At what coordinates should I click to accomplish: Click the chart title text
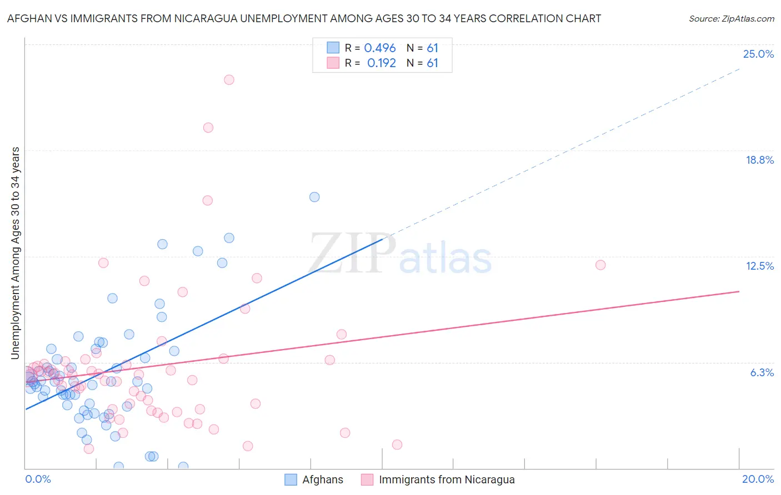[x=304, y=18]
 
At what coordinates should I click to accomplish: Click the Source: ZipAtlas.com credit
[x=731, y=18]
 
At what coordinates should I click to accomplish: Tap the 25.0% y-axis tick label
[x=758, y=54]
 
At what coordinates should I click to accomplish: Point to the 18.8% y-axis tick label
[x=759, y=160]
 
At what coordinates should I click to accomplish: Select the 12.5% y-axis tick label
[x=759, y=266]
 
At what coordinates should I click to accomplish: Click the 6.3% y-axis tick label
[x=762, y=372]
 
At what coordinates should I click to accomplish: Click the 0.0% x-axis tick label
[x=38, y=479]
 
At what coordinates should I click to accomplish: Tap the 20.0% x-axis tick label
[x=758, y=479]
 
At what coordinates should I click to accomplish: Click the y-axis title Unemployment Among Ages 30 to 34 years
[x=16, y=253]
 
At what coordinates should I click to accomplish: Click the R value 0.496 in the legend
[x=380, y=48]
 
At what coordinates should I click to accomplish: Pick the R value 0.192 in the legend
[x=382, y=63]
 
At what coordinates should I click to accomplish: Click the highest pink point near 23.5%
[x=229, y=79]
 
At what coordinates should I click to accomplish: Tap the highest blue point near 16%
[x=314, y=197]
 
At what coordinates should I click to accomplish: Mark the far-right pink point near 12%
[x=600, y=265]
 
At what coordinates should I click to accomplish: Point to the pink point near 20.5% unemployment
[x=208, y=128]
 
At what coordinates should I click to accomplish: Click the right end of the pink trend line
[x=739, y=291]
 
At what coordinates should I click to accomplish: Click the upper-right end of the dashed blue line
[x=739, y=69]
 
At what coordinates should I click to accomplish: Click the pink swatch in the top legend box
[x=333, y=63]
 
